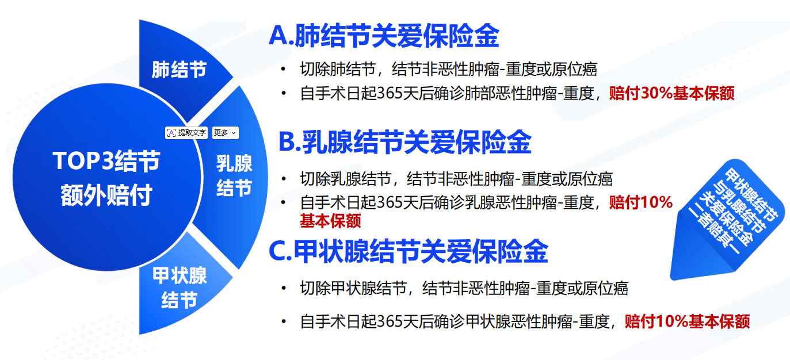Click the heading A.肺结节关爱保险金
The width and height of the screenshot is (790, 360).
[384, 36]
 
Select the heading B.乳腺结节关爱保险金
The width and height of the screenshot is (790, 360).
[405, 141]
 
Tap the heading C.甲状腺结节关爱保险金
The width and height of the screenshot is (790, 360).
[409, 251]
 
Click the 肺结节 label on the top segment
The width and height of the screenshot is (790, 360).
[179, 69]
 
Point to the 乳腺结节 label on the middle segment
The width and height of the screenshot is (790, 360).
[234, 175]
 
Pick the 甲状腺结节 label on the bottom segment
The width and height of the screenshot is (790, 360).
[180, 288]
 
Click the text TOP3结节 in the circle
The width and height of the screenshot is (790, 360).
[106, 161]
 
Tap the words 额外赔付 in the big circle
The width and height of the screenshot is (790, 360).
[106, 194]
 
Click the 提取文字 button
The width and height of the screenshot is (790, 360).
[186, 133]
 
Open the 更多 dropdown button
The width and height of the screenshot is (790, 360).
[226, 133]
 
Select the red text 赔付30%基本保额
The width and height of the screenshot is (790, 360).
[671, 93]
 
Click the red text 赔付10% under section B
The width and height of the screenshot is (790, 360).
[641, 202]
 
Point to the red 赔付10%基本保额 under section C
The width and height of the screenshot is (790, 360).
[687, 321]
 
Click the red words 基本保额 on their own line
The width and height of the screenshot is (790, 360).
[330, 221]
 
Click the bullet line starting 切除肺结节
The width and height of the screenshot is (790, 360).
[448, 69]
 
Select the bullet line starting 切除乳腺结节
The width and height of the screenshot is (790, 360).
[456, 179]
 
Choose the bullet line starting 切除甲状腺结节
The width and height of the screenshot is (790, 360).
[464, 288]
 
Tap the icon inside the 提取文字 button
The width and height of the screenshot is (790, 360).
[171, 133]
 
